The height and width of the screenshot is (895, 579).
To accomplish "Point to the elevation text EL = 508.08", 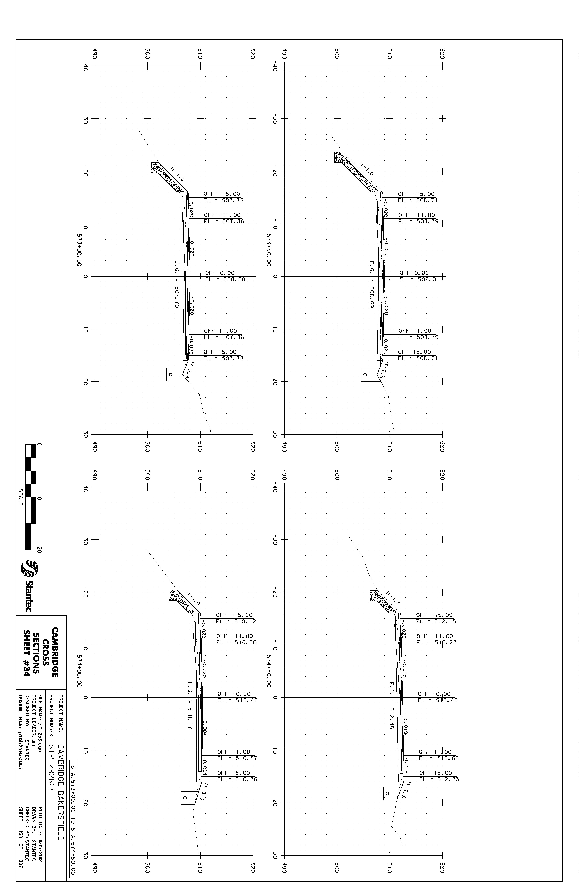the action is coord(225,279).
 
